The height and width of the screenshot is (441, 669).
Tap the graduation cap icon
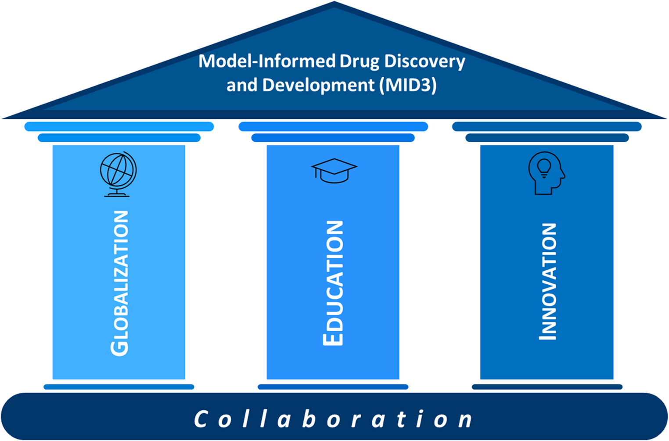pos(334,170)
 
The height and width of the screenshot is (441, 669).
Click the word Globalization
pos(119,283)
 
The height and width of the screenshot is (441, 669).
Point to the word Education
pos(333,283)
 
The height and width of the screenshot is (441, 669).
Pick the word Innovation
pos(547,281)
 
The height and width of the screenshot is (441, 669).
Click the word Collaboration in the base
pos(334,419)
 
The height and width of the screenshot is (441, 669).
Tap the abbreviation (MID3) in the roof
pos(408,85)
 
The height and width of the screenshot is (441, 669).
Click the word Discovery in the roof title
pos(424,61)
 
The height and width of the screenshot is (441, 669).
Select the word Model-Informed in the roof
pos(267,61)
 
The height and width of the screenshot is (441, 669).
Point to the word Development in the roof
pos(318,85)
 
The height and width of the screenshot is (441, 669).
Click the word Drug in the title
pos(360,61)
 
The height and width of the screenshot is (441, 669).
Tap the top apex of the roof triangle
pos(334,4)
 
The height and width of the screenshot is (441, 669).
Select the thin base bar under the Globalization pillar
pos(119,387)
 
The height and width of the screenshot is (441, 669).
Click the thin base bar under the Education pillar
pos(333,387)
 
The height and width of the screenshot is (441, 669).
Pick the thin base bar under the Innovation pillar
pos(547,387)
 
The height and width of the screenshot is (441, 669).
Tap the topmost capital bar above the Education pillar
pos(333,126)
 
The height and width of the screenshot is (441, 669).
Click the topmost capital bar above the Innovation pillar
pos(547,126)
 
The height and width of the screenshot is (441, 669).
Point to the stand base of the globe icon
pos(117,195)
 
